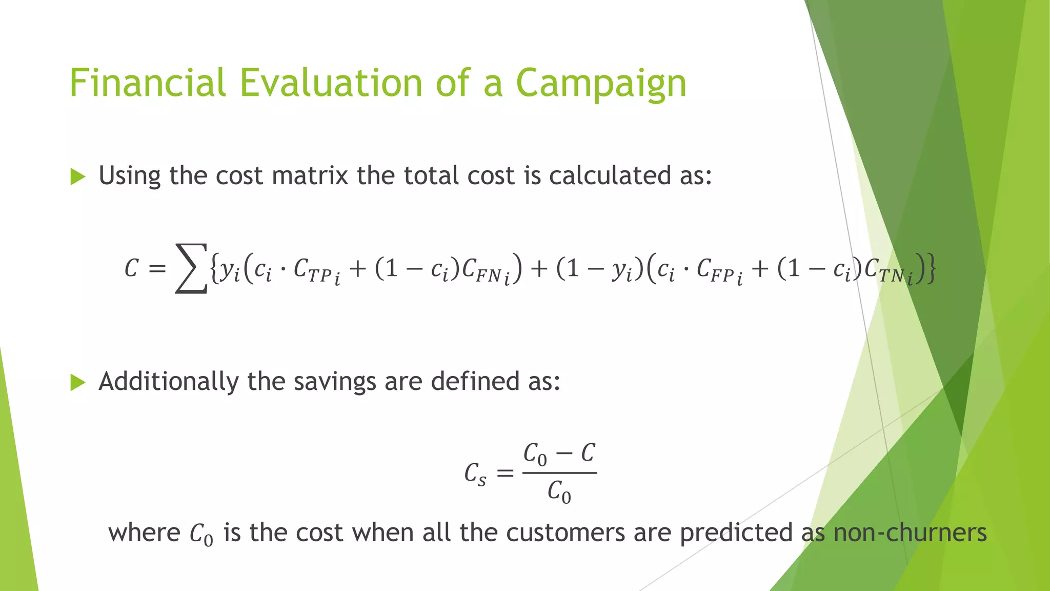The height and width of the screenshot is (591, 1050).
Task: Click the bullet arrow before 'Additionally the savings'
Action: point(78,382)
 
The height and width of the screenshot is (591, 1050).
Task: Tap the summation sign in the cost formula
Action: point(191,268)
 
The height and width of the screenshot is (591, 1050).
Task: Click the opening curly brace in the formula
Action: point(214,268)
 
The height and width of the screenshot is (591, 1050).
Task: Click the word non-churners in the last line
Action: point(910,533)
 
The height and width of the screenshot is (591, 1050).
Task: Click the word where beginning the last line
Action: point(144,533)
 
